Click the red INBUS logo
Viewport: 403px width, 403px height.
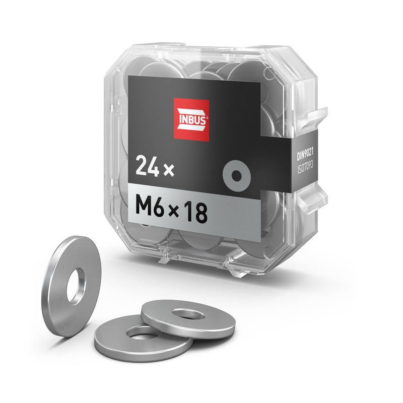tap(191, 120)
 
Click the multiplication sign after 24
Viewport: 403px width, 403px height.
tap(169, 170)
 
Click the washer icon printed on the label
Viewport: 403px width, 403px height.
tap(236, 175)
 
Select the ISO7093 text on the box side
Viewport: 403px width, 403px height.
tap(305, 168)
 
